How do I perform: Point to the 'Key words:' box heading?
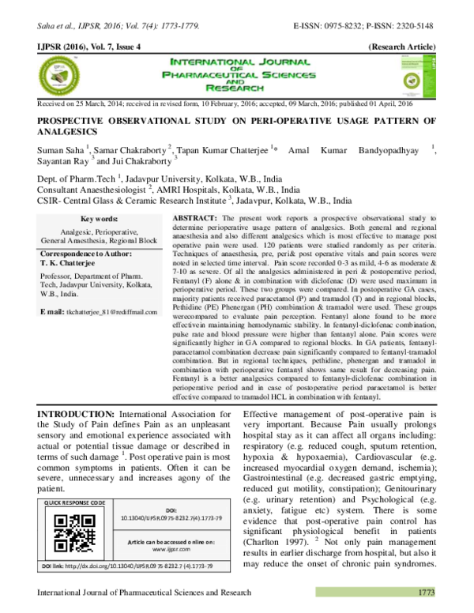coord(100,217)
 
